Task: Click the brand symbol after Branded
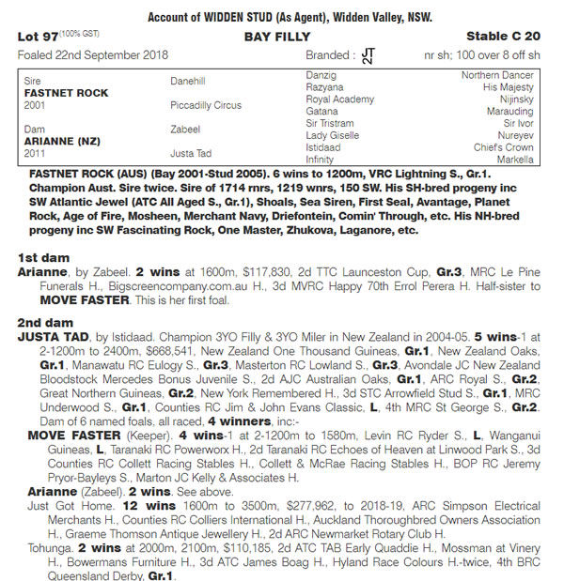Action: point(367,56)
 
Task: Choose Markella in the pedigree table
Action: point(514,160)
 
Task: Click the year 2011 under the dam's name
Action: point(36,152)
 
